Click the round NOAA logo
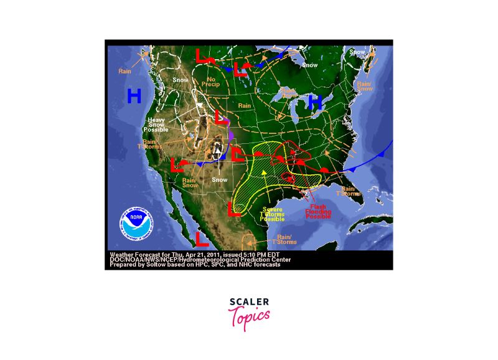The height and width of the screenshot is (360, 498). (x=136, y=225)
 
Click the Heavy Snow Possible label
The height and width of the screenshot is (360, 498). (x=156, y=125)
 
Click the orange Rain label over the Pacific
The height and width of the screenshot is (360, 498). (x=125, y=70)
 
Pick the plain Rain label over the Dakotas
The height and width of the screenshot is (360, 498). (x=244, y=105)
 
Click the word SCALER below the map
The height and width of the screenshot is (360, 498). (x=249, y=302)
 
